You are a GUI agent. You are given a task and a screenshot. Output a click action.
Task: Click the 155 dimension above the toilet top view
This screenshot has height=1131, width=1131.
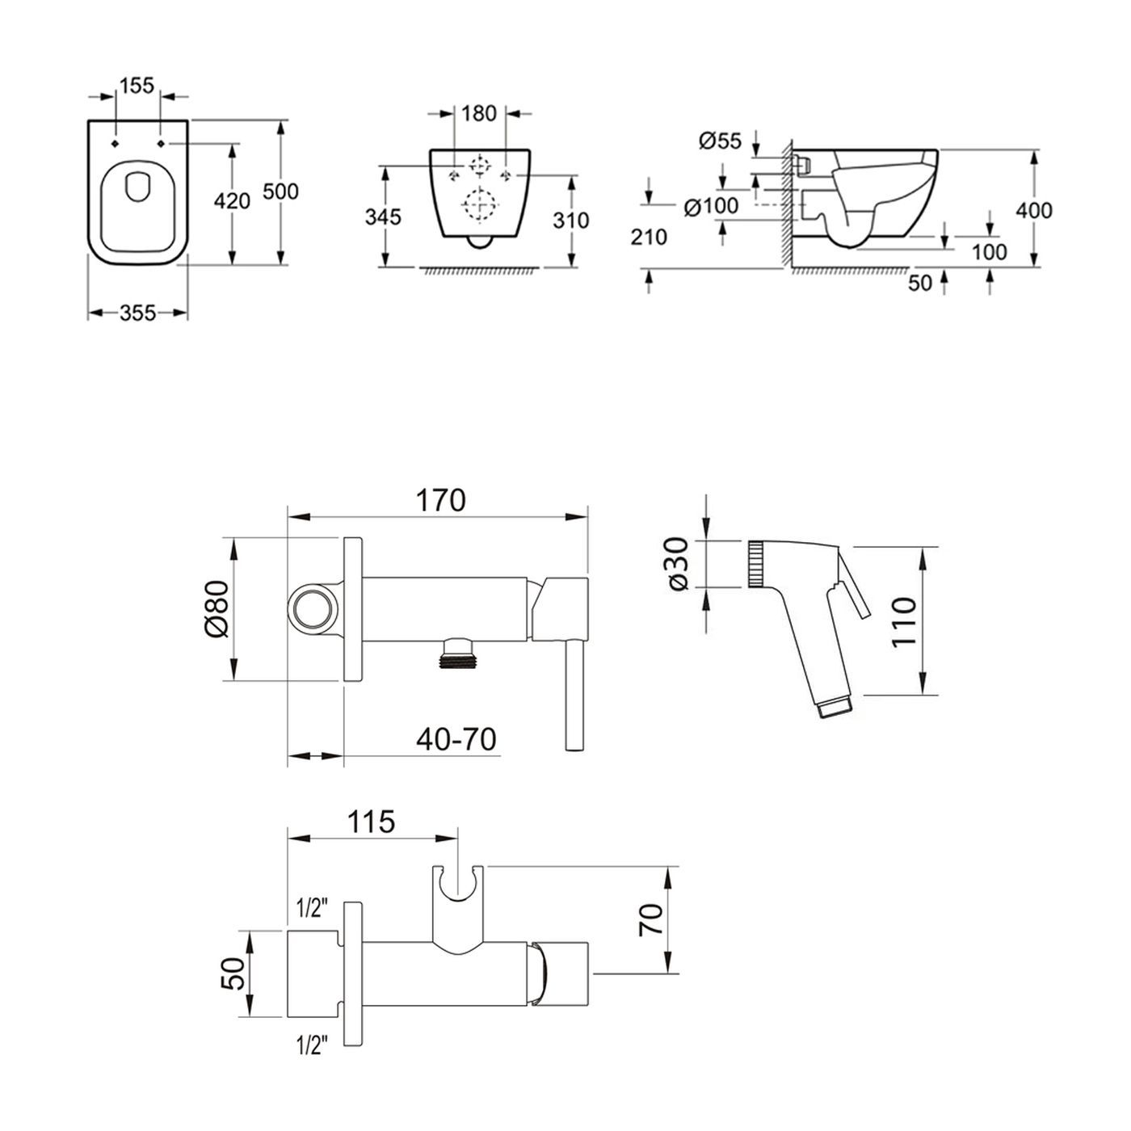click(137, 86)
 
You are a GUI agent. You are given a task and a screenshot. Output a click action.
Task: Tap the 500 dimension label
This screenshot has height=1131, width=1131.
click(281, 191)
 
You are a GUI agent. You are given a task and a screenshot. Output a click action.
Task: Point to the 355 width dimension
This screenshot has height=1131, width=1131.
click(137, 313)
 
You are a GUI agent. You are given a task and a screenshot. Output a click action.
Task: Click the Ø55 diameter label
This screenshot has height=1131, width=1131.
click(720, 141)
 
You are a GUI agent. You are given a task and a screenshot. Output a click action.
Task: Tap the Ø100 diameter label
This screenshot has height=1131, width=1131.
click(711, 206)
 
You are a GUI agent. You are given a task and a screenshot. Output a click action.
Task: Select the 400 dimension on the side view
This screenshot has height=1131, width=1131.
click(1035, 210)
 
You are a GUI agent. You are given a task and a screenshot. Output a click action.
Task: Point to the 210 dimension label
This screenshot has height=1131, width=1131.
click(649, 237)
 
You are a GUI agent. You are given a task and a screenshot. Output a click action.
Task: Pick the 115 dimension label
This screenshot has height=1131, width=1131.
click(371, 821)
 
